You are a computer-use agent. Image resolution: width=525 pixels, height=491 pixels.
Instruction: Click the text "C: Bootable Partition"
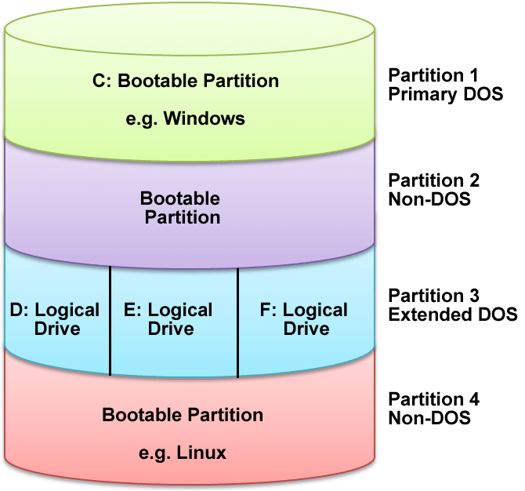[191, 81]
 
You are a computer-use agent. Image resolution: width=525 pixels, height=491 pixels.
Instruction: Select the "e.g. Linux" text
[186, 453]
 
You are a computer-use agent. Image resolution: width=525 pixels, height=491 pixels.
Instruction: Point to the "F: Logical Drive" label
[303, 318]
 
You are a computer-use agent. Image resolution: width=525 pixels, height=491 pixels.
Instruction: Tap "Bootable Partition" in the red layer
[183, 414]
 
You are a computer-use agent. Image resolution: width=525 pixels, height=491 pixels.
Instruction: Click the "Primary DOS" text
[446, 94]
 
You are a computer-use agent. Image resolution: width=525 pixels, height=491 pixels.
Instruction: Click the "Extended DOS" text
[453, 315]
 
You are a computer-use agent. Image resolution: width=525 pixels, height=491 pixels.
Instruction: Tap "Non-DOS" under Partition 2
[429, 198]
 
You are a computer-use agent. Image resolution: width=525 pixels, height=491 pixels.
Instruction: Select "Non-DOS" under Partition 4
[429, 418]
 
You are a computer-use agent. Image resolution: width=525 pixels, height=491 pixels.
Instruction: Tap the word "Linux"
[205, 453]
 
